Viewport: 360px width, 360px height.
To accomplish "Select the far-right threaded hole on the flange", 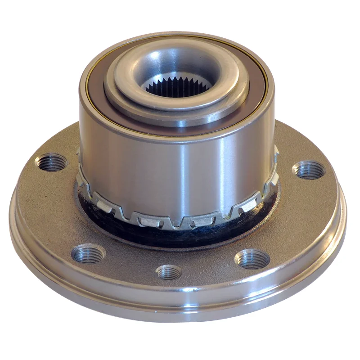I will (x=308, y=171).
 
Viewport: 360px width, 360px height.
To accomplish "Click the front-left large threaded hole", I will (x=89, y=253).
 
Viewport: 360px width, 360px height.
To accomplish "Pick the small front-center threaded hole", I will (x=169, y=272).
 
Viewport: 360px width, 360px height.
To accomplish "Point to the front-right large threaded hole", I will (x=252, y=259).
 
